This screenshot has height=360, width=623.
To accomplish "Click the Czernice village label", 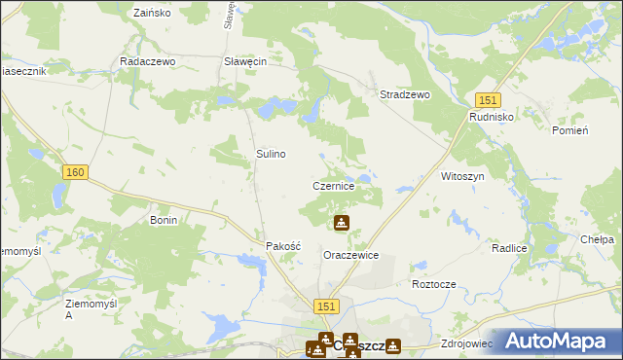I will tap(340, 185).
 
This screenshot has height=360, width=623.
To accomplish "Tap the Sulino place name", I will tap(271, 154).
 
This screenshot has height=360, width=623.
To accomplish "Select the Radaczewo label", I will tap(146, 60).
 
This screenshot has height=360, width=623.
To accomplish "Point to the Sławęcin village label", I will tap(245, 60).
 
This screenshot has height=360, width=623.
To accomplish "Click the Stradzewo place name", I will tap(404, 94).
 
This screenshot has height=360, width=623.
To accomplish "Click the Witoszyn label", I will tap(462, 177).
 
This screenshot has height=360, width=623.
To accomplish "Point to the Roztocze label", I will tap(434, 284).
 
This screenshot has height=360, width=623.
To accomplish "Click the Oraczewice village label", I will tap(350, 255).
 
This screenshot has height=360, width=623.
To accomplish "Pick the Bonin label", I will tap(163, 220).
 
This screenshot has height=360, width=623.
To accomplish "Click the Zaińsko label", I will tap(151, 15).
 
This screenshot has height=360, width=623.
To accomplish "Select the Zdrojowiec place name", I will tap(467, 343).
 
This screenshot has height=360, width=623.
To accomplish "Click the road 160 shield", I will tap(75, 171).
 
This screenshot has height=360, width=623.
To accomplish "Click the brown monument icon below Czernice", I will tap(342, 224).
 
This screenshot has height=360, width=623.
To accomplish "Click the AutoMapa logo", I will tap(561, 341).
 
